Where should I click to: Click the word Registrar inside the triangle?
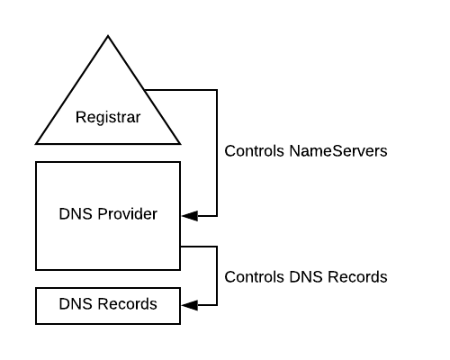pyautogui.click(x=108, y=117)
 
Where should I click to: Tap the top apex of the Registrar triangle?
pyautogui.click(x=108, y=36)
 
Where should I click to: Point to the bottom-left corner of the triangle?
pyautogui.click(x=37, y=143)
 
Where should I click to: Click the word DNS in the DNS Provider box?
pyautogui.click(x=74, y=214)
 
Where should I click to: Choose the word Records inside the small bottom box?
pyautogui.click(x=124, y=304)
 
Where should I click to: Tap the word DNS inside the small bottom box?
pyautogui.click(x=75, y=304)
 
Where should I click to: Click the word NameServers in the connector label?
pyautogui.click(x=337, y=151)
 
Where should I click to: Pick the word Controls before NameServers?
pyautogui.click(x=255, y=151)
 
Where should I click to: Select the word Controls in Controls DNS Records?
pyautogui.click(x=255, y=276)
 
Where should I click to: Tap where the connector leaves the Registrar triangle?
pyautogui.click(x=147, y=90)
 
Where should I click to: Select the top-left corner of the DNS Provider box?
pyautogui.click(x=37, y=162)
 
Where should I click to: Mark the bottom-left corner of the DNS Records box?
pyautogui.click(x=37, y=323)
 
